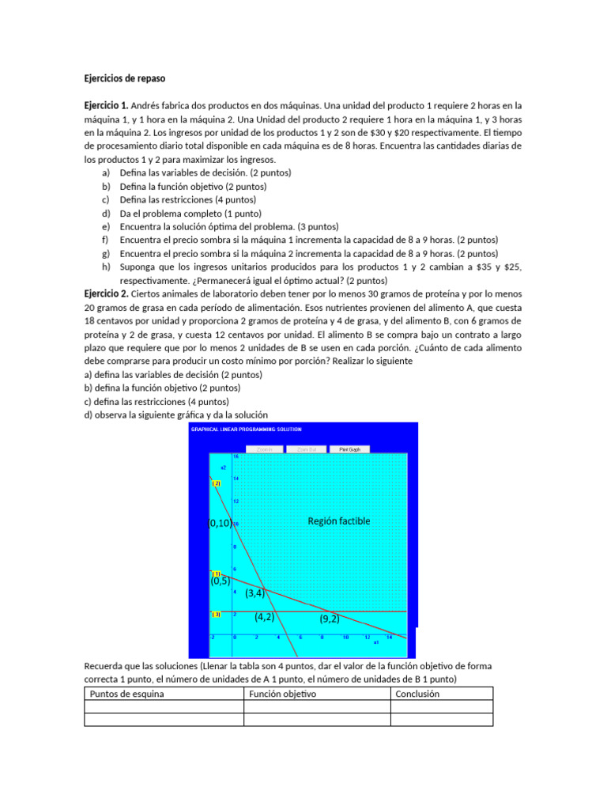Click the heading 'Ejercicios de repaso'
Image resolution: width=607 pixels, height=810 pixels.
click(125, 78)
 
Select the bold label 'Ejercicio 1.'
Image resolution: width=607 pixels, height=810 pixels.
click(107, 105)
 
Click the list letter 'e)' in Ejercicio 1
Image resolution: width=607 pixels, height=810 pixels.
click(106, 226)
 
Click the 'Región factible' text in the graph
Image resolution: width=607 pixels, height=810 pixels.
click(338, 521)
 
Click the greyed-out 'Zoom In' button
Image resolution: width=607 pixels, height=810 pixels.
click(265, 449)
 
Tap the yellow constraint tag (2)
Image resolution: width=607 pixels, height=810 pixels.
click(216, 483)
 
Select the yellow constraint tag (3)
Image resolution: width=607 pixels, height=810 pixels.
click(216, 615)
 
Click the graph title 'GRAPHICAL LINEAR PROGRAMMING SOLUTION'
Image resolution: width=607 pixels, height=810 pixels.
click(246, 430)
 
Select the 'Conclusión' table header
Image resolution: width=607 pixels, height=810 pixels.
click(417, 695)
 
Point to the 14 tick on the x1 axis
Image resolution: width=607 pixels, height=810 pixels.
click(389, 637)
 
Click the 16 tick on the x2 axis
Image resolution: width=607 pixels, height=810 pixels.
click(236, 456)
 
